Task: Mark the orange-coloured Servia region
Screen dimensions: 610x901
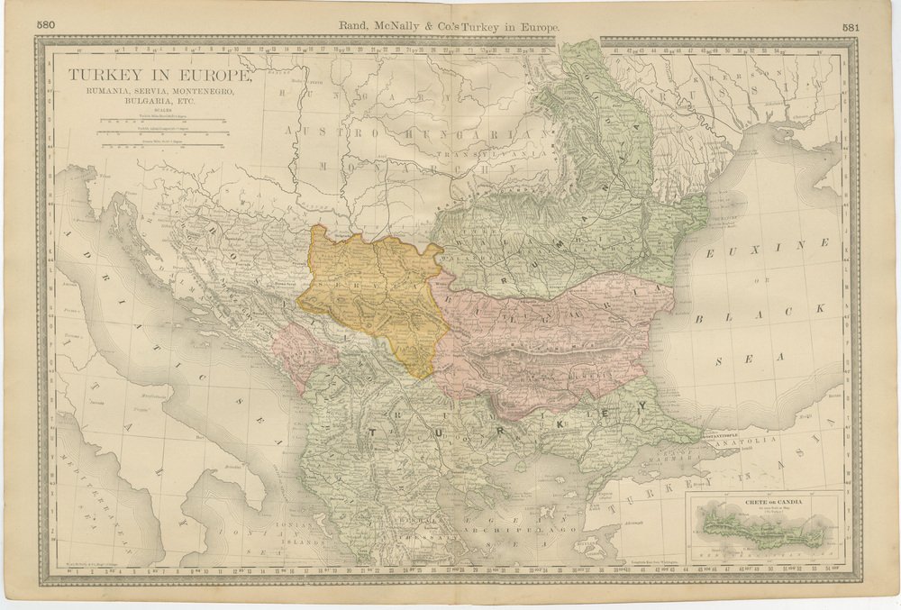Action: [x=374, y=288]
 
